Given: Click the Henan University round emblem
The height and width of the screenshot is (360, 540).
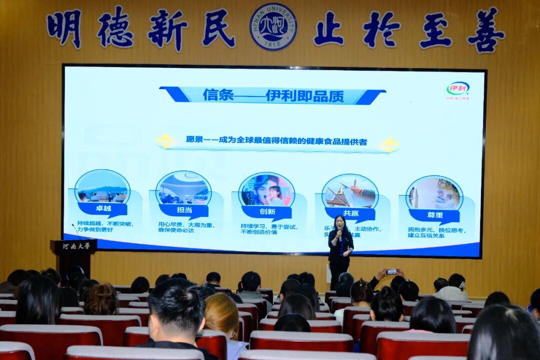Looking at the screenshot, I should [273, 26].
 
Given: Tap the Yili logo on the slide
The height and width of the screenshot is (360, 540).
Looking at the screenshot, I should [457, 89].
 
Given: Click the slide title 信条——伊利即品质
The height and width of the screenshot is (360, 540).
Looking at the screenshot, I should [273, 95].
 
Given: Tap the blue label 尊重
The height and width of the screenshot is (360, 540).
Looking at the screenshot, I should [433, 215].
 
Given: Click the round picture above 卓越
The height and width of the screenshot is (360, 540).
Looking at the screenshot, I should [102, 186].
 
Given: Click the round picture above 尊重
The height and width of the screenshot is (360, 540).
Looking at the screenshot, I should [434, 193].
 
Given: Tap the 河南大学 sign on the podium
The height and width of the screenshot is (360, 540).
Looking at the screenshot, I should [76, 246].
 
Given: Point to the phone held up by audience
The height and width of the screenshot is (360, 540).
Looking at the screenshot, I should [391, 271].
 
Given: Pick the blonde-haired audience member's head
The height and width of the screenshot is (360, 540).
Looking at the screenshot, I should [221, 315].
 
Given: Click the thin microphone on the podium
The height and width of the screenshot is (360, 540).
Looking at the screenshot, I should [75, 230].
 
